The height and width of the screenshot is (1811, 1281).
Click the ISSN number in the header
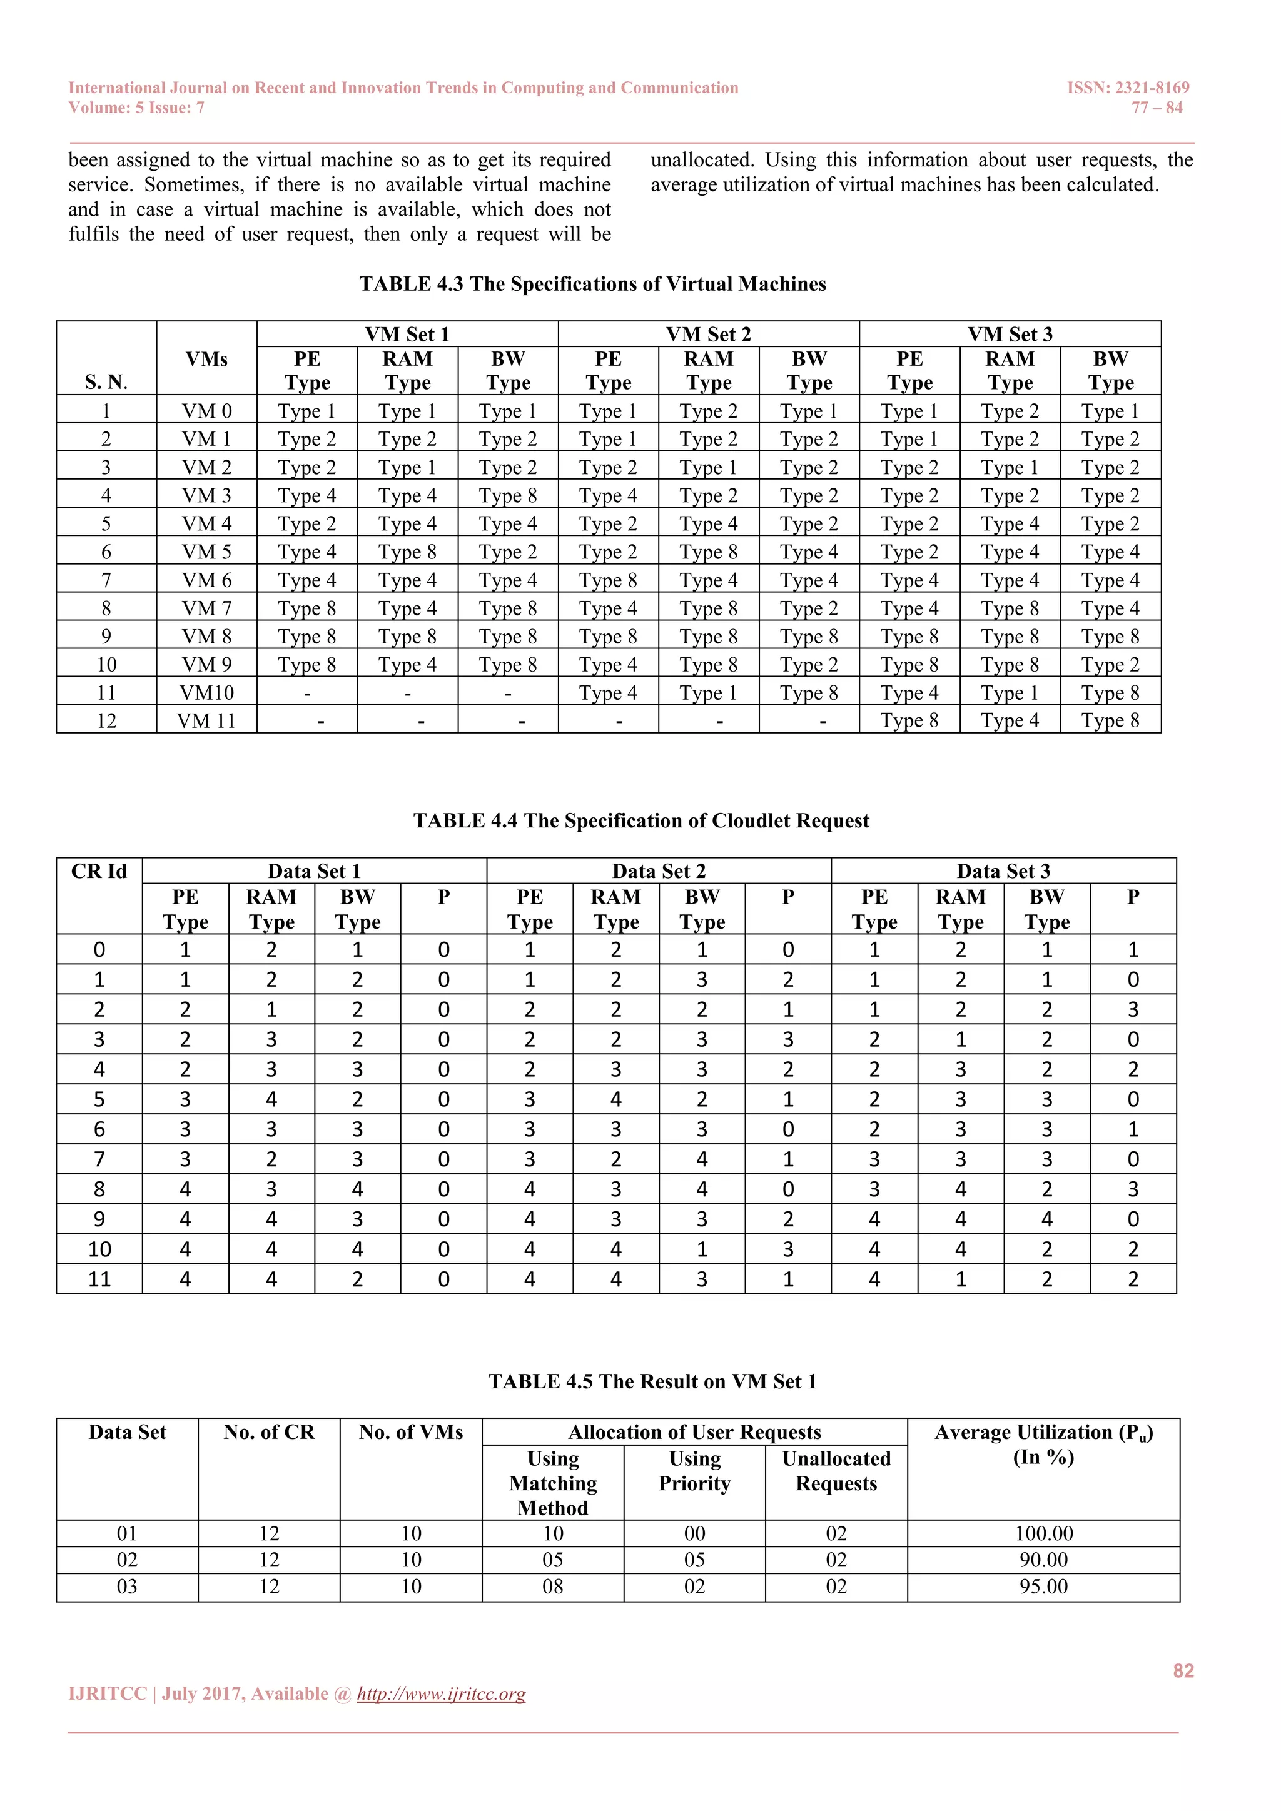tap(1128, 88)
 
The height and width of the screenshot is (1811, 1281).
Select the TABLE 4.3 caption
tap(592, 284)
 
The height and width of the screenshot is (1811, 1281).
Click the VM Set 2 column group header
tap(708, 335)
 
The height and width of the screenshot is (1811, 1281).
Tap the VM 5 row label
tap(206, 552)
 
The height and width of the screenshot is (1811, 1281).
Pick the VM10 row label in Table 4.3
tap(206, 694)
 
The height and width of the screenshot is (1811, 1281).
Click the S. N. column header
tap(106, 383)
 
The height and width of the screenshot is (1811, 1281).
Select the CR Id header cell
tap(99, 872)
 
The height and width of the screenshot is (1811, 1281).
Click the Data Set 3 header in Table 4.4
tap(1003, 872)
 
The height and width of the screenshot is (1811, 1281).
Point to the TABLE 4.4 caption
tap(640, 821)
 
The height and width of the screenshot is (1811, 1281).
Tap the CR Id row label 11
tap(99, 1279)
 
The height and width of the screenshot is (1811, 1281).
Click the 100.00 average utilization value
tap(1043, 1534)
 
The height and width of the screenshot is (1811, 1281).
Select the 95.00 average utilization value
tap(1043, 1587)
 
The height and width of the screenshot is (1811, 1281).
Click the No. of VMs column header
tap(411, 1433)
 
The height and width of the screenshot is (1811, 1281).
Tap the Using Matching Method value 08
tap(553, 1587)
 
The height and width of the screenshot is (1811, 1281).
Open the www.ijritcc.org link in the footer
tap(441, 1694)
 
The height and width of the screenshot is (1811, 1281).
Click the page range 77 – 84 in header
tap(1157, 108)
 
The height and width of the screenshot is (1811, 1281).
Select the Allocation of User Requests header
tap(694, 1433)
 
